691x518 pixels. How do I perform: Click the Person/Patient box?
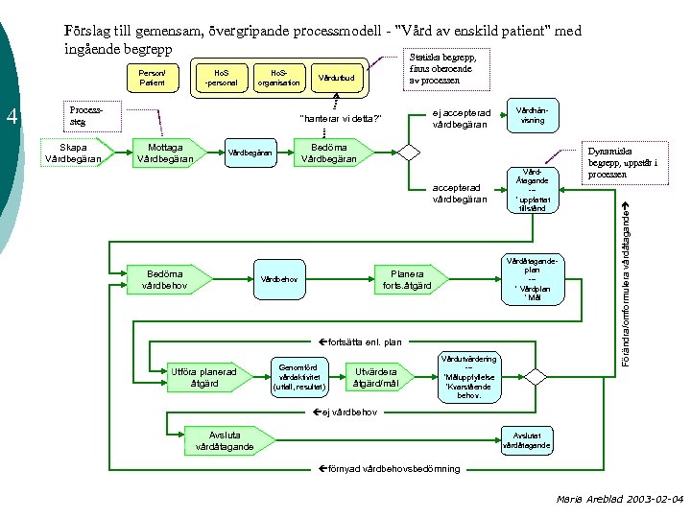(152, 78)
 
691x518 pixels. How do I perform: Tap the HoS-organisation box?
(280, 78)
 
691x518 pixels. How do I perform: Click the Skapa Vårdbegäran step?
(73, 153)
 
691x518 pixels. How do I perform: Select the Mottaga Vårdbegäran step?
(165, 153)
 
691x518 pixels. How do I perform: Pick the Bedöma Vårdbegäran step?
(329, 153)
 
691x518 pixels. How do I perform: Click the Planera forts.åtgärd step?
(407, 279)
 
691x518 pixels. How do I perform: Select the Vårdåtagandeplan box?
(530, 279)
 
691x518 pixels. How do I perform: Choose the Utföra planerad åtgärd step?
(203, 378)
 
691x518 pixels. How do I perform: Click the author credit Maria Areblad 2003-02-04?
(619, 500)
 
